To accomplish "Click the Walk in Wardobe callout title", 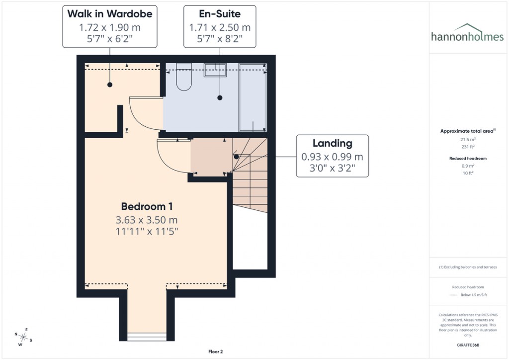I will (110, 14).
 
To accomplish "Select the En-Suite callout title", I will (220, 14).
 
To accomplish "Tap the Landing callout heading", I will (332, 143).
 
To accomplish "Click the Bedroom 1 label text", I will (147, 206).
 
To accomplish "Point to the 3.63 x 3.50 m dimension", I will (147, 219).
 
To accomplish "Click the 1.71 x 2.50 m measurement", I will (220, 27).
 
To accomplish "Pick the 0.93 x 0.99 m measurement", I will (332, 157).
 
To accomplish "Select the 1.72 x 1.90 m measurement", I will (110, 27).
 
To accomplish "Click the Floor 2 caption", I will (215, 352).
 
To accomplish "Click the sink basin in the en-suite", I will (215, 71).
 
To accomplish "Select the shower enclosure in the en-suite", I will (253, 98).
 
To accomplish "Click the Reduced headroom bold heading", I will (467, 158).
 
